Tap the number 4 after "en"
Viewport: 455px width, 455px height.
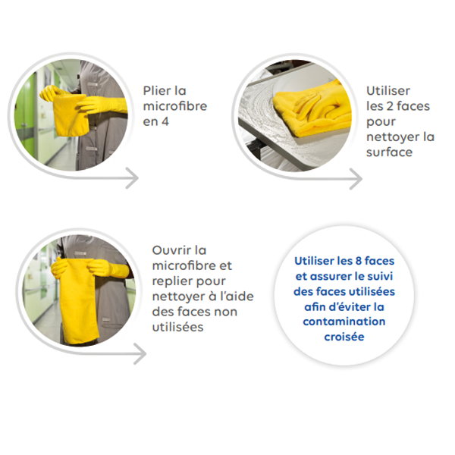pos(165,121)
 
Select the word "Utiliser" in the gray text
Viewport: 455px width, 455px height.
pos(388,91)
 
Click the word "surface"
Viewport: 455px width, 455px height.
pos(389,152)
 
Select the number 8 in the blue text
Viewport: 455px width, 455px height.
pos(359,261)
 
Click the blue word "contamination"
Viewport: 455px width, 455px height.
pos(344,322)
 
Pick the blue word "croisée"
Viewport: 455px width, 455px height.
pos(344,337)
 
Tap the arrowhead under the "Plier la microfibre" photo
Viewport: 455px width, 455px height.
pos(132,178)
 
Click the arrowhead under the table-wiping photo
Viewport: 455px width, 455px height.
pos(356,179)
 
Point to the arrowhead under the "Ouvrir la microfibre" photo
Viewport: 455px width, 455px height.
pos(140,353)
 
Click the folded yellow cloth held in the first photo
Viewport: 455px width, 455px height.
pos(71,115)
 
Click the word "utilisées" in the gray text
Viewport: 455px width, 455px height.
pos(177,328)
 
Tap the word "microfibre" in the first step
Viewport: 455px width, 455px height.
pos(175,106)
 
